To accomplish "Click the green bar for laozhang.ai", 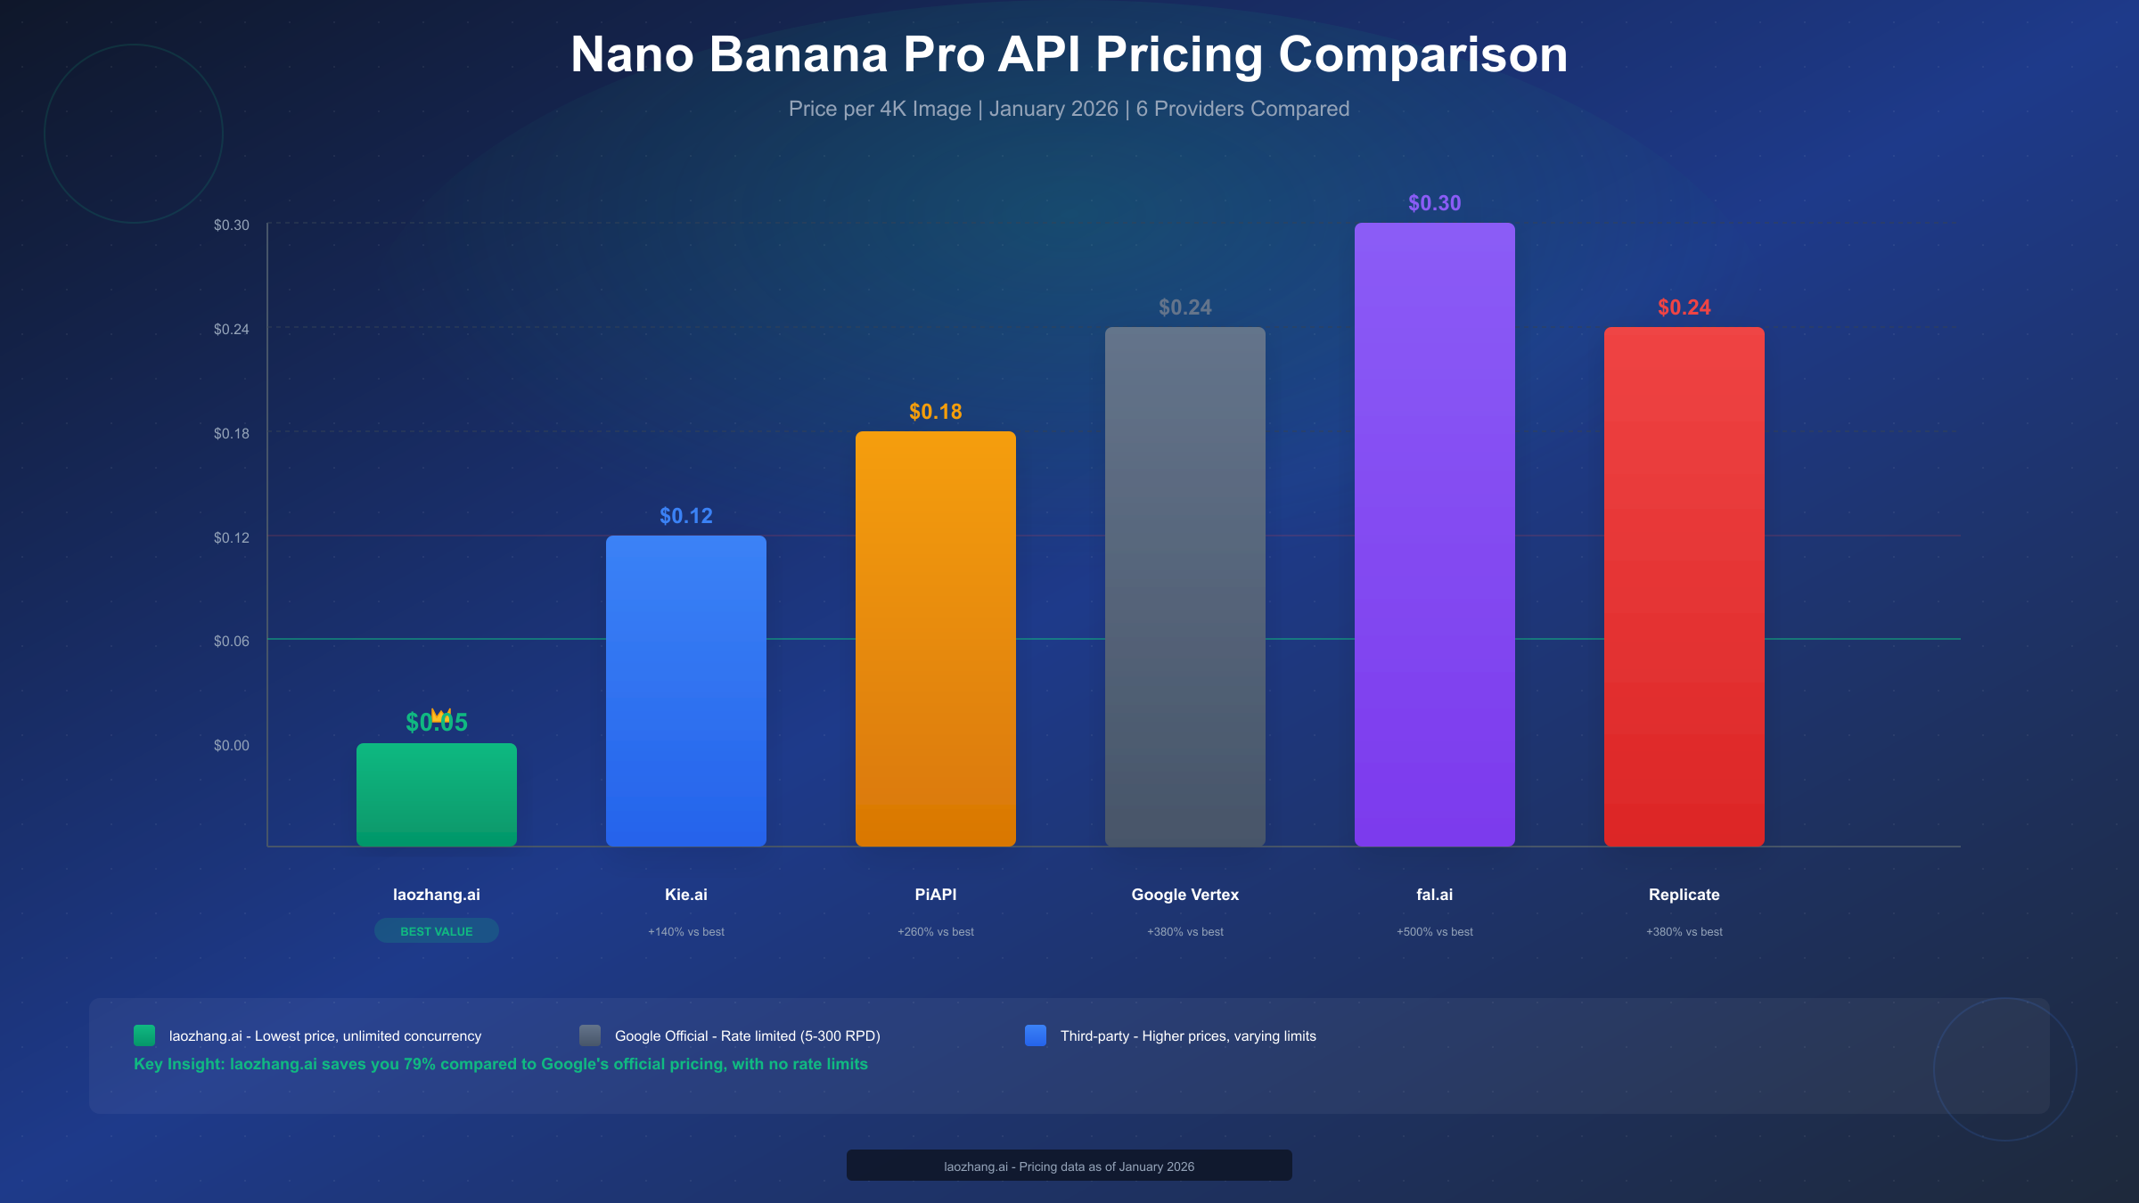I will point(437,795).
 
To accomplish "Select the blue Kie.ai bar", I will point(686,691).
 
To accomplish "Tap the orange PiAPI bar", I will point(936,638).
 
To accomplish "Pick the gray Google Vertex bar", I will point(1185,586).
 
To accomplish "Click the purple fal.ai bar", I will point(1435,535).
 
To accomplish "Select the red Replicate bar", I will point(1684,586).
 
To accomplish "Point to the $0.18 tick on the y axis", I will point(232,433).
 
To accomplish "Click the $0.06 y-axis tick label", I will point(232,641).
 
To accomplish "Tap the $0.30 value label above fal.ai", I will point(1435,203).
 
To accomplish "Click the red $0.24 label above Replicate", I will point(1684,307).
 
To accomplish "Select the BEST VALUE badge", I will point(437,931).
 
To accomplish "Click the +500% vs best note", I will point(1435,932).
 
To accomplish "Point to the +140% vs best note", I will point(686,932).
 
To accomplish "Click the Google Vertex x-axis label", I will point(1185,895).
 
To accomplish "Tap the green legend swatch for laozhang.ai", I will point(144,1035).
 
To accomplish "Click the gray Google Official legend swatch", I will point(590,1035).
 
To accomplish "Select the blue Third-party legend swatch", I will point(1036,1035).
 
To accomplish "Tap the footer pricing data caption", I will point(1069,1166).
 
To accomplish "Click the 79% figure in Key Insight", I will point(419,1064).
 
